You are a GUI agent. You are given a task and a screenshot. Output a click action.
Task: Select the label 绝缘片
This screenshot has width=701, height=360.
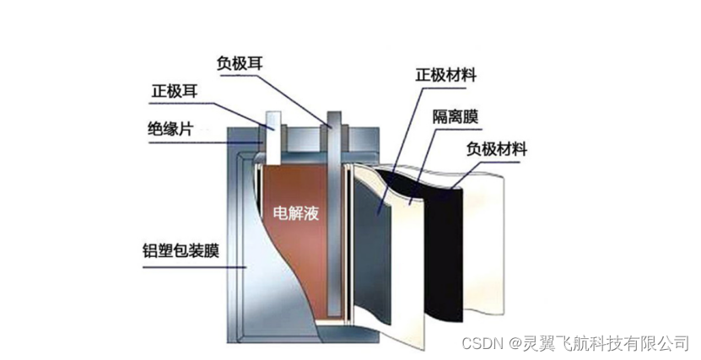170,128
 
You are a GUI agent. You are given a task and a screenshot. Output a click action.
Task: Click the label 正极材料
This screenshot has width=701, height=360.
446,74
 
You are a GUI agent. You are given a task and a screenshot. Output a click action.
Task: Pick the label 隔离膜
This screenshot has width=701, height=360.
456,116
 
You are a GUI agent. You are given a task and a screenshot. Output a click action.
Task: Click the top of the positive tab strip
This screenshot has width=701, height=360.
272,116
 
